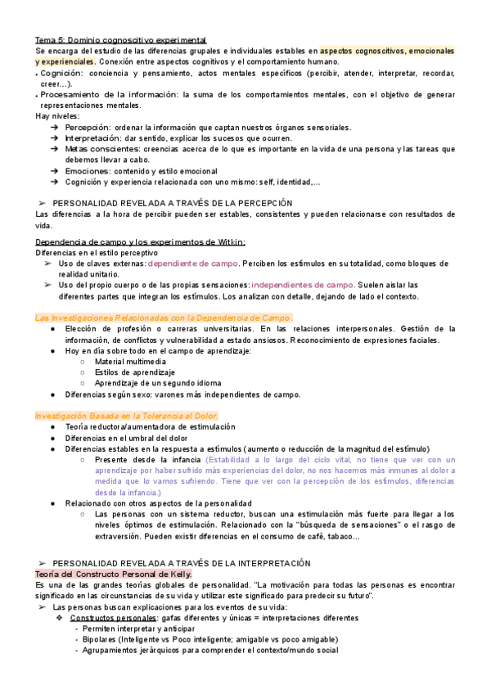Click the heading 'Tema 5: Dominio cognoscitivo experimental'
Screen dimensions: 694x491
point(120,39)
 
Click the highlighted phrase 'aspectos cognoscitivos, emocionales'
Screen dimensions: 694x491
point(387,50)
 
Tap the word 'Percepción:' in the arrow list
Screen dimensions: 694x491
point(87,128)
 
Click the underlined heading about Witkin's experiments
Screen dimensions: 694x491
point(140,241)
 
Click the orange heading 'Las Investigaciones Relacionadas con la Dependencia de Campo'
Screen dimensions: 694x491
point(164,318)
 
